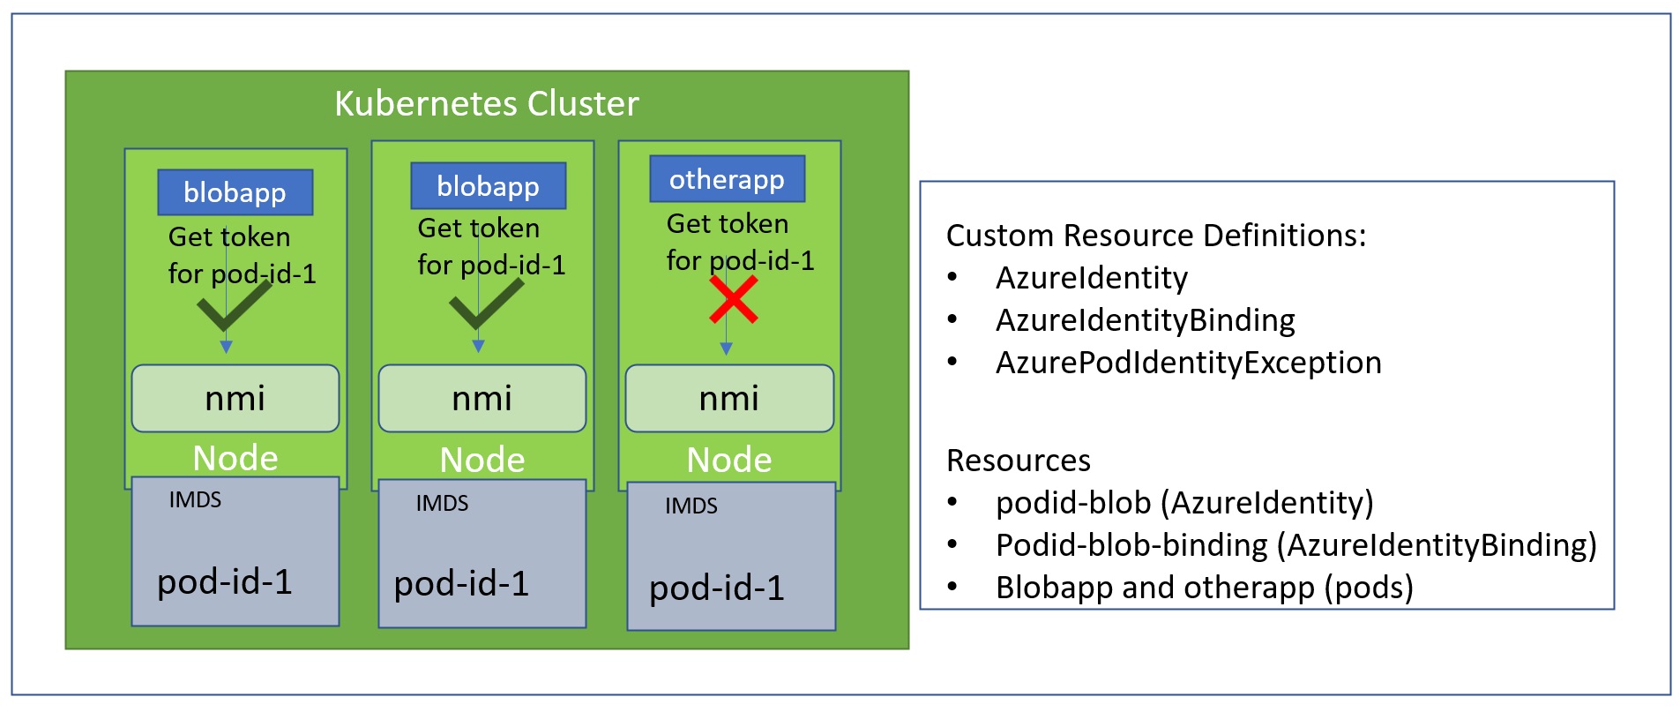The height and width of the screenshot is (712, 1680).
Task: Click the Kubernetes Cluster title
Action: (x=486, y=104)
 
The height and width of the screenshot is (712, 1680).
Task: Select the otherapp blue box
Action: (x=727, y=179)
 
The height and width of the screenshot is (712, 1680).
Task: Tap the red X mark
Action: (x=734, y=300)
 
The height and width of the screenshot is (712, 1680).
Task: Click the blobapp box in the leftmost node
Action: (x=235, y=192)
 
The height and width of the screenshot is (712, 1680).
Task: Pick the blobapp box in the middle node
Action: (x=488, y=186)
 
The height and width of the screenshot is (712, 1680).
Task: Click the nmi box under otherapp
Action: (x=729, y=399)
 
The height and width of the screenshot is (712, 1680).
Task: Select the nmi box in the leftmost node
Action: (x=235, y=399)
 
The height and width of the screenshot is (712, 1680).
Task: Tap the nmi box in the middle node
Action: (x=482, y=399)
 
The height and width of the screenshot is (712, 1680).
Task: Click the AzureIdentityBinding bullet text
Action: (x=1145, y=320)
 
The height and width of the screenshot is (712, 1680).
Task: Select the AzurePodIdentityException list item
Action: (x=1188, y=363)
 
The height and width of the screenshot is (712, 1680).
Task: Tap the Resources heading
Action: (x=1018, y=461)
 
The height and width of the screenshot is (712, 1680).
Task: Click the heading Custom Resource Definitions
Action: (x=1155, y=236)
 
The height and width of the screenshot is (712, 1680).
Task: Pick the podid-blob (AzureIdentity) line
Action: (x=1183, y=503)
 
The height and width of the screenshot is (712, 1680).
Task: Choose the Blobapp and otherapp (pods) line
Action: (x=1204, y=588)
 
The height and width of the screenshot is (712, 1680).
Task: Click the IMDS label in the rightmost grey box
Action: (x=691, y=506)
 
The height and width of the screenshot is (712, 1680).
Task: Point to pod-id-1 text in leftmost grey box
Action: (x=224, y=582)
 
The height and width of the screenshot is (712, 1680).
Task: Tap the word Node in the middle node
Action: (x=482, y=460)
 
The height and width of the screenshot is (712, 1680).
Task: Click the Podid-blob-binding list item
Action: (x=1295, y=545)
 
